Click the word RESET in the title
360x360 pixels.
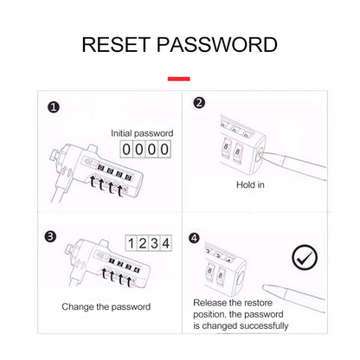click(116, 45)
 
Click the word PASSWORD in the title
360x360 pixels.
click(217, 45)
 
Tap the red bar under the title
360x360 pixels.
click(179, 79)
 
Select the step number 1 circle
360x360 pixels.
click(54, 107)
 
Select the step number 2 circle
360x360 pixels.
click(199, 103)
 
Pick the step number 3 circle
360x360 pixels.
click(50, 236)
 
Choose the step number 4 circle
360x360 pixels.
click(194, 238)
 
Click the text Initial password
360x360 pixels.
click(142, 133)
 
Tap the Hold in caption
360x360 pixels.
click(250, 184)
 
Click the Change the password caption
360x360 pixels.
click(106, 306)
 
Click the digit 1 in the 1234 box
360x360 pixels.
click(132, 243)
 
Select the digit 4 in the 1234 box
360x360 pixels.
click(165, 243)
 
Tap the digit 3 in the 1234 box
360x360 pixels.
click(154, 243)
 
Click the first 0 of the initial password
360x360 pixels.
click(126, 150)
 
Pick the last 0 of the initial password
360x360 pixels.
click(164, 150)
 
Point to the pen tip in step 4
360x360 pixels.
click(264, 287)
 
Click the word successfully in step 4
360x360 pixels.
click(264, 326)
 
